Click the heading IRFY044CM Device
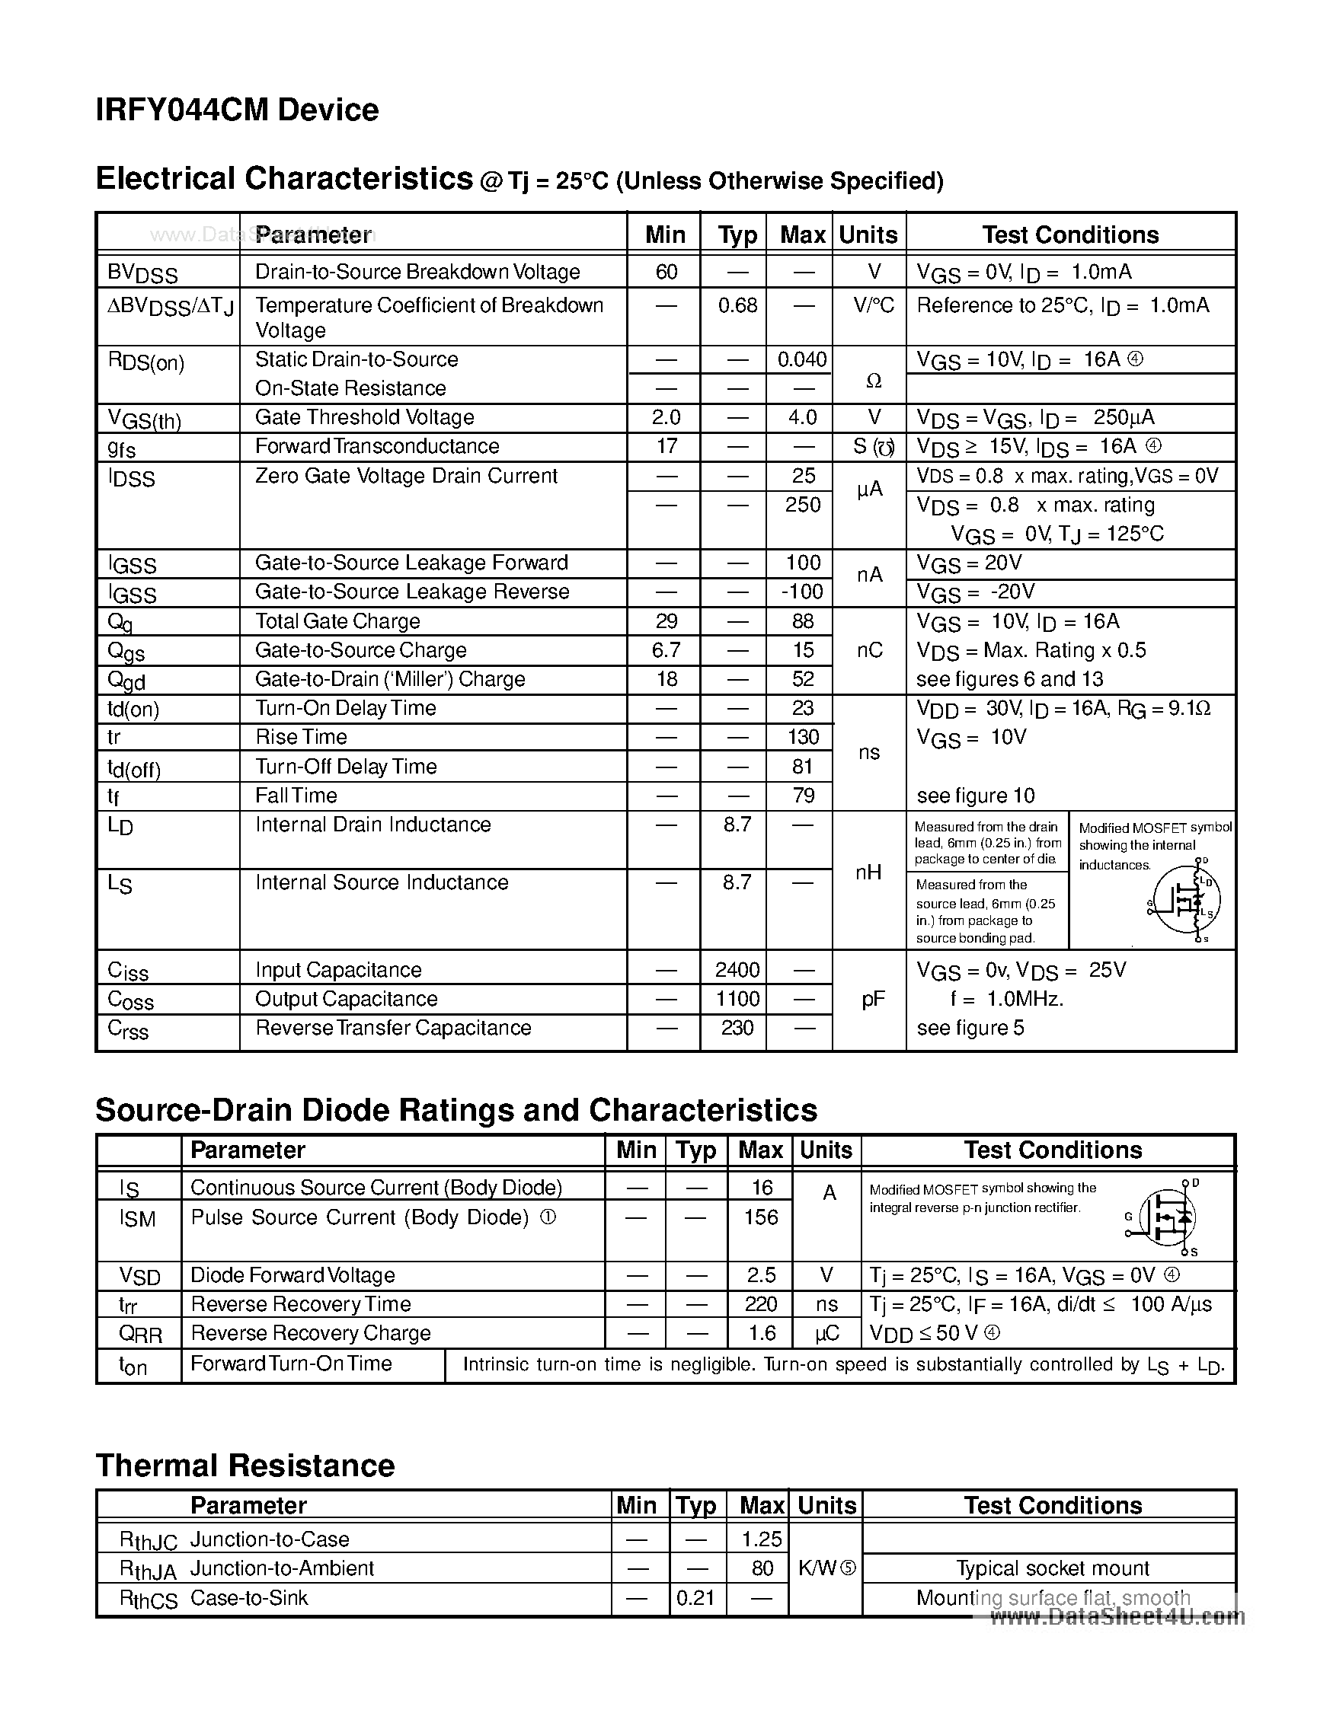(x=236, y=110)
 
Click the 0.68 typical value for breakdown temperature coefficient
(x=737, y=305)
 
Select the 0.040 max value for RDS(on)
(x=802, y=359)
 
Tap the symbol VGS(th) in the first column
(x=145, y=419)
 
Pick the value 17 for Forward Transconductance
(x=666, y=446)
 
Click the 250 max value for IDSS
(x=803, y=504)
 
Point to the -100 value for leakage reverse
(x=802, y=592)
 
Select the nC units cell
(x=869, y=650)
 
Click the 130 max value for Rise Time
(x=803, y=737)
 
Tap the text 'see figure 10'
(x=975, y=796)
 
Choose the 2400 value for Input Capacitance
(x=737, y=970)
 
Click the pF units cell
(x=872, y=999)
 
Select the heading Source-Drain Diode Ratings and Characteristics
(x=456, y=1110)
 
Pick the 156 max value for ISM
(x=761, y=1217)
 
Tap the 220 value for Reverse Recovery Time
(x=761, y=1304)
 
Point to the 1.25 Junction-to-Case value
(x=761, y=1539)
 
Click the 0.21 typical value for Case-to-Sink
(x=695, y=1598)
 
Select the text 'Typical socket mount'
(x=1052, y=1568)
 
